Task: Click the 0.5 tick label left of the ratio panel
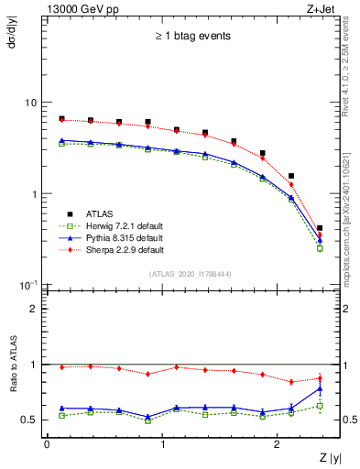(x=30, y=420)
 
